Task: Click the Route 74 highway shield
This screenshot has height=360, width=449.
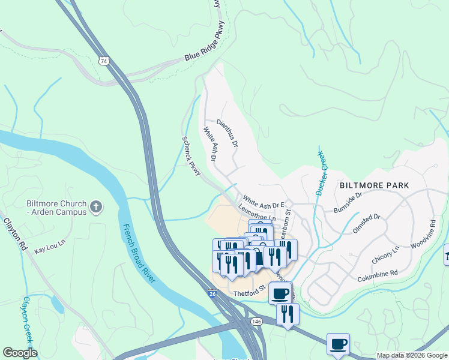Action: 105,61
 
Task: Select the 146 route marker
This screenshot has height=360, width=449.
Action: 257,322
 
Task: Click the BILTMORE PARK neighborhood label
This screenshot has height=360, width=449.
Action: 374,185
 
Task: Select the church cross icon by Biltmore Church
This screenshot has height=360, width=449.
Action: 95,208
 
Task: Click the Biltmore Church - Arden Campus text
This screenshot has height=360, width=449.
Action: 56,208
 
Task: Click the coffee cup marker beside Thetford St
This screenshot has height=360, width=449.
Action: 280,293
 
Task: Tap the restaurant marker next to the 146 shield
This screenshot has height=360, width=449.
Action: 288,313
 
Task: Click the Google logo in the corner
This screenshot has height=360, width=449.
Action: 20,353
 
